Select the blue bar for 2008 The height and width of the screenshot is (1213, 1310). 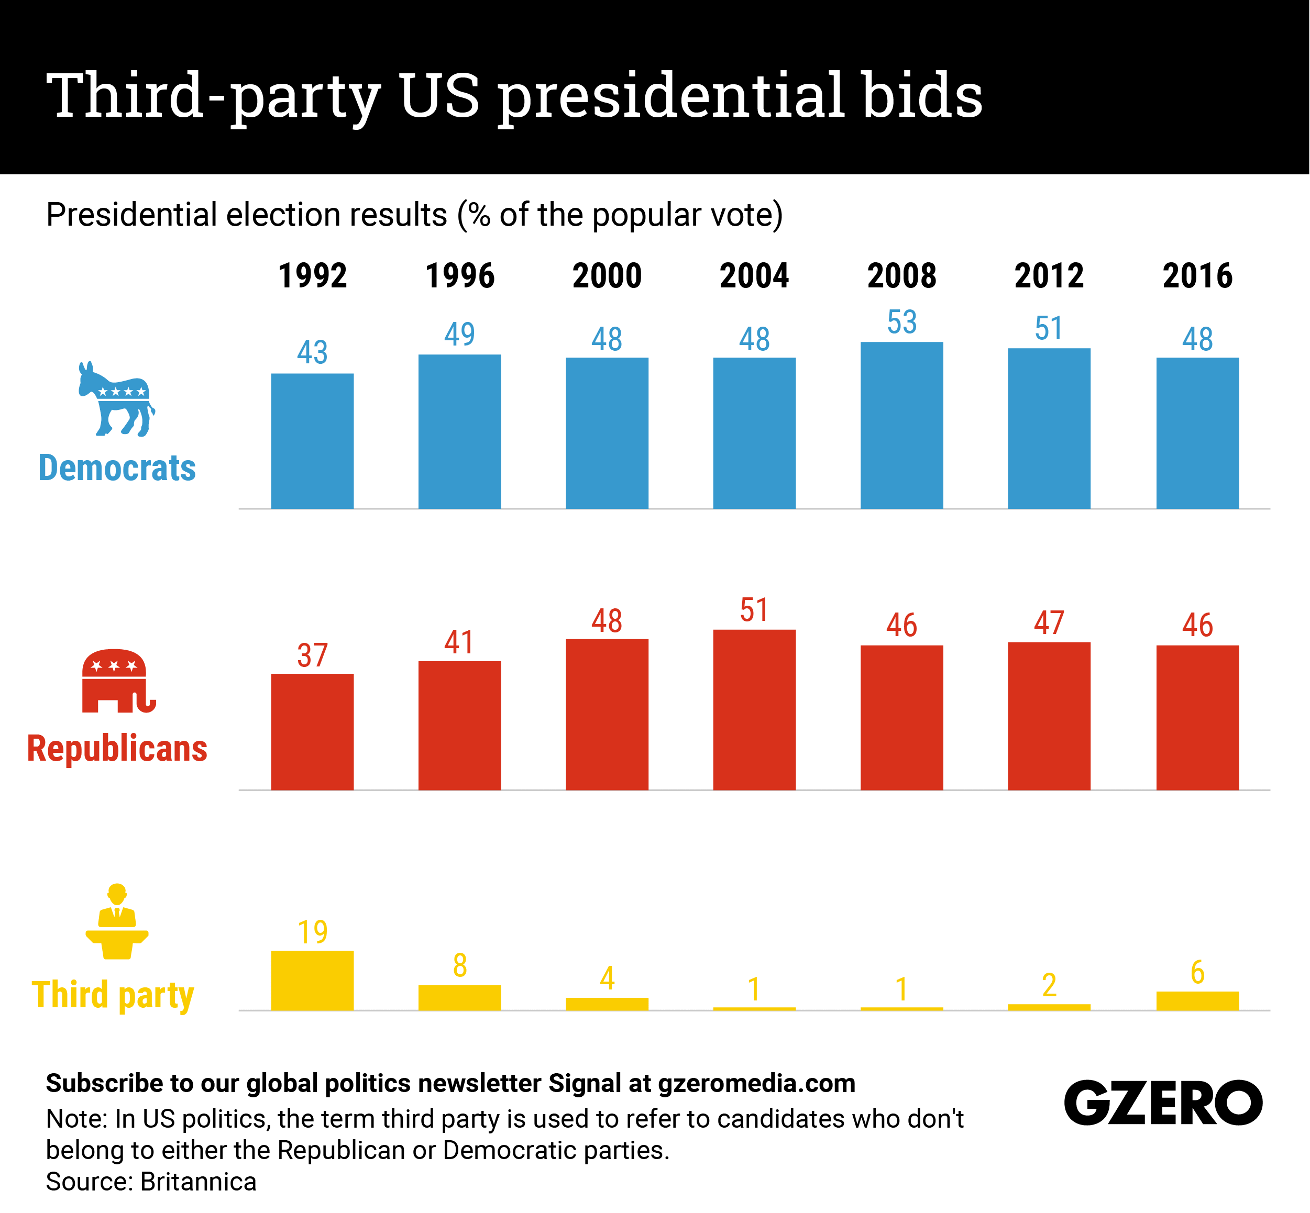coord(901,425)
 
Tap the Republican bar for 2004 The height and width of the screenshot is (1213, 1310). coord(754,709)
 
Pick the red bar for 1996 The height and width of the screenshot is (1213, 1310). coord(460,725)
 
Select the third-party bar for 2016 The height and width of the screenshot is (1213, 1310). coord(1197,1001)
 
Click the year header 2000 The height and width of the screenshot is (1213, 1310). coord(607,276)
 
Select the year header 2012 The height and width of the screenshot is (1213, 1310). coord(1049,276)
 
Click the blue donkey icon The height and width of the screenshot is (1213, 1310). coord(117,399)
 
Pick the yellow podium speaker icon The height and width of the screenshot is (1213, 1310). coord(117,922)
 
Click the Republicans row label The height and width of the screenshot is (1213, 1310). coord(117,749)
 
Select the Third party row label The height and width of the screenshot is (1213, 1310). coord(113,995)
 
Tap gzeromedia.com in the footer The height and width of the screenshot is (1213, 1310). coord(756,1084)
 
